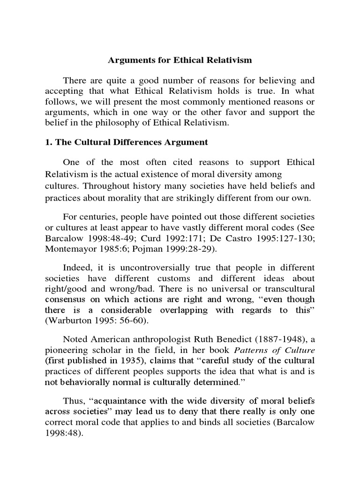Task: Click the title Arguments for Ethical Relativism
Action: click(180, 60)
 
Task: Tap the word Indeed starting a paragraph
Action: click(77, 268)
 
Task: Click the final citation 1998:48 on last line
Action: click(63, 433)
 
